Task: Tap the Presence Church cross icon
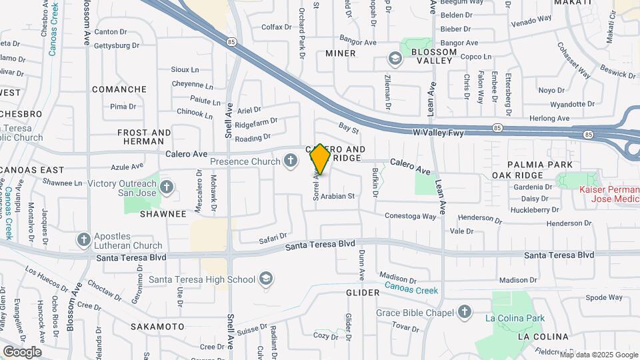pos(290,161)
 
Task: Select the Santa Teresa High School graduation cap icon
pos(266,279)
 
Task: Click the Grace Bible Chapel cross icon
pos(465,312)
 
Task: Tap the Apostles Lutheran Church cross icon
pos(83,239)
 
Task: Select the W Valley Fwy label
pos(438,133)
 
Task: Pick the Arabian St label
pos(337,197)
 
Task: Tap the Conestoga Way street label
pos(411,216)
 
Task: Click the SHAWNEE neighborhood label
pos(163,214)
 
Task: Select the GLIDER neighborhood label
pos(363,293)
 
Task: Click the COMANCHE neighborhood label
pos(119,89)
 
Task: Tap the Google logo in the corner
pos(22,351)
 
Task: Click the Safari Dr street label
pos(273,237)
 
